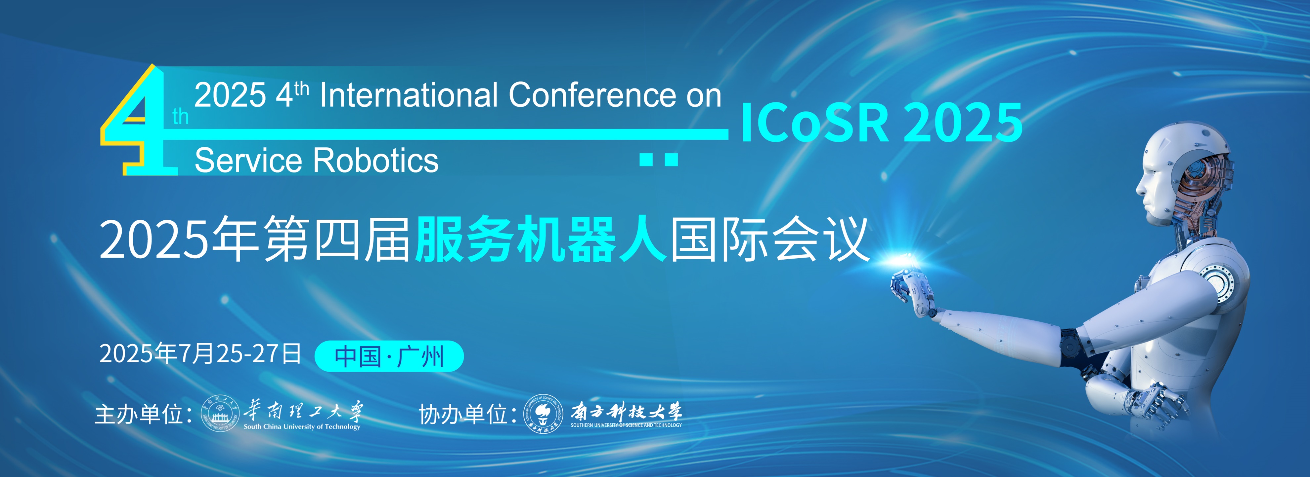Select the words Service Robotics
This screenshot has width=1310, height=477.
tap(316, 161)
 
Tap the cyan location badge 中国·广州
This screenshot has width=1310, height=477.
tap(389, 356)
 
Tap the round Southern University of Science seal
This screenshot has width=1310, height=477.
tap(544, 414)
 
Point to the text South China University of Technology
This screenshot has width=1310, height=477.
tap(302, 427)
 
